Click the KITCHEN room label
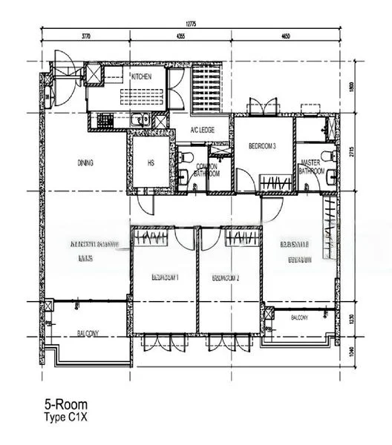coord(143,77)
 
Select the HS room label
coord(151,163)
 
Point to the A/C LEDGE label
coord(202,131)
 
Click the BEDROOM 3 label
coord(262,146)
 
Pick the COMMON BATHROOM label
coord(207,170)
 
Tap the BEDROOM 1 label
coord(166,277)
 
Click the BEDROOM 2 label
coord(226,277)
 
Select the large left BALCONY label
coord(88,334)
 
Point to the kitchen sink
coord(140,120)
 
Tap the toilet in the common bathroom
coord(188,156)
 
